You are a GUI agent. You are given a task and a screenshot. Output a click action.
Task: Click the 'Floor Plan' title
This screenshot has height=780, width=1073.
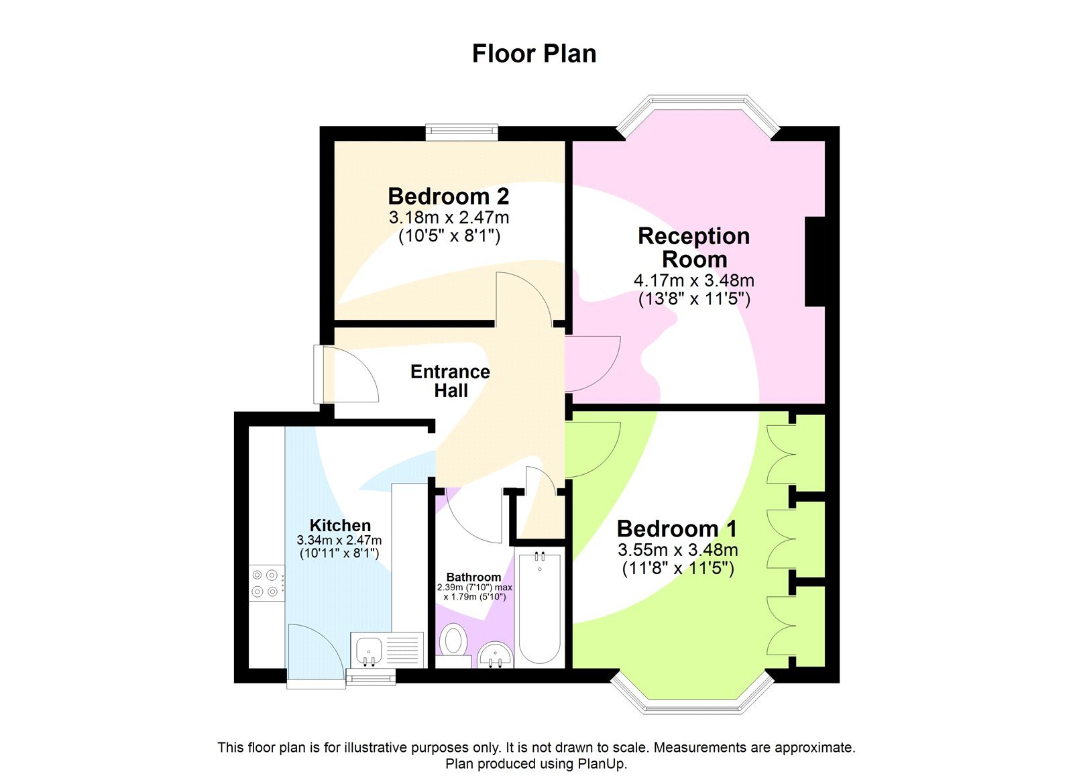[534, 54]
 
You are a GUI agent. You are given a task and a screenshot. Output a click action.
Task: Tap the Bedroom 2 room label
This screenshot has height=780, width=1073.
[448, 196]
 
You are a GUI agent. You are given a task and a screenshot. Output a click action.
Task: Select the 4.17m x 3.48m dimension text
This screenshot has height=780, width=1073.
[693, 280]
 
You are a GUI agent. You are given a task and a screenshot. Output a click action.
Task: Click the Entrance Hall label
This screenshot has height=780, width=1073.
[450, 381]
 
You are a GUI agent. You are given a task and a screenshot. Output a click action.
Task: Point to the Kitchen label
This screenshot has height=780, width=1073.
[340, 525]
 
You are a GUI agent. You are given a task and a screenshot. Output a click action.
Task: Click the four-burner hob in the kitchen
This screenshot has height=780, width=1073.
[264, 583]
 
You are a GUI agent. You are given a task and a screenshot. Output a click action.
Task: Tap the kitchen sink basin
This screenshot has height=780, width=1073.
[369, 650]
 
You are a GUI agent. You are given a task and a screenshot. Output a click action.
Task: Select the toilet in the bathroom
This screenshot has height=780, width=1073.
[454, 640]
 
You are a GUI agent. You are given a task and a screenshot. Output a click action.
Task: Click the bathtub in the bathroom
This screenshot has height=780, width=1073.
[539, 607]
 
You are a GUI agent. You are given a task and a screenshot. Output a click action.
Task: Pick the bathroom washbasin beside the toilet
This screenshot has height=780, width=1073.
[496, 654]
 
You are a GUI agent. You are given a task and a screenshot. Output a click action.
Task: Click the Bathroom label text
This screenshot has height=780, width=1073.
[473, 577]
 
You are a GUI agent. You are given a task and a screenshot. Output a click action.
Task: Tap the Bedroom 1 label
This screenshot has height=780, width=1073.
[677, 528]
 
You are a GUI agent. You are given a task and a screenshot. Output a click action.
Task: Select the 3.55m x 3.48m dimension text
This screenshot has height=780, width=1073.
[677, 550]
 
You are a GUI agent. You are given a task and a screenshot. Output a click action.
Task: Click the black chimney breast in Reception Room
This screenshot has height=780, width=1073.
[814, 262]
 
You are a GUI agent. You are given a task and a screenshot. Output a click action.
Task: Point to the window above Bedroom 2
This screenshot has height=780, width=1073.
[461, 131]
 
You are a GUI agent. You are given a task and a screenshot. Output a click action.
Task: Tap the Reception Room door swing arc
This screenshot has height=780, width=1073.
[594, 364]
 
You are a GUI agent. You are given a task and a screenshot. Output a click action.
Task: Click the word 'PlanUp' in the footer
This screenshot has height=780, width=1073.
[602, 763]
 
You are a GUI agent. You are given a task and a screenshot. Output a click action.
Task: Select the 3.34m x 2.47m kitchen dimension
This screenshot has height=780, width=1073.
[339, 540]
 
